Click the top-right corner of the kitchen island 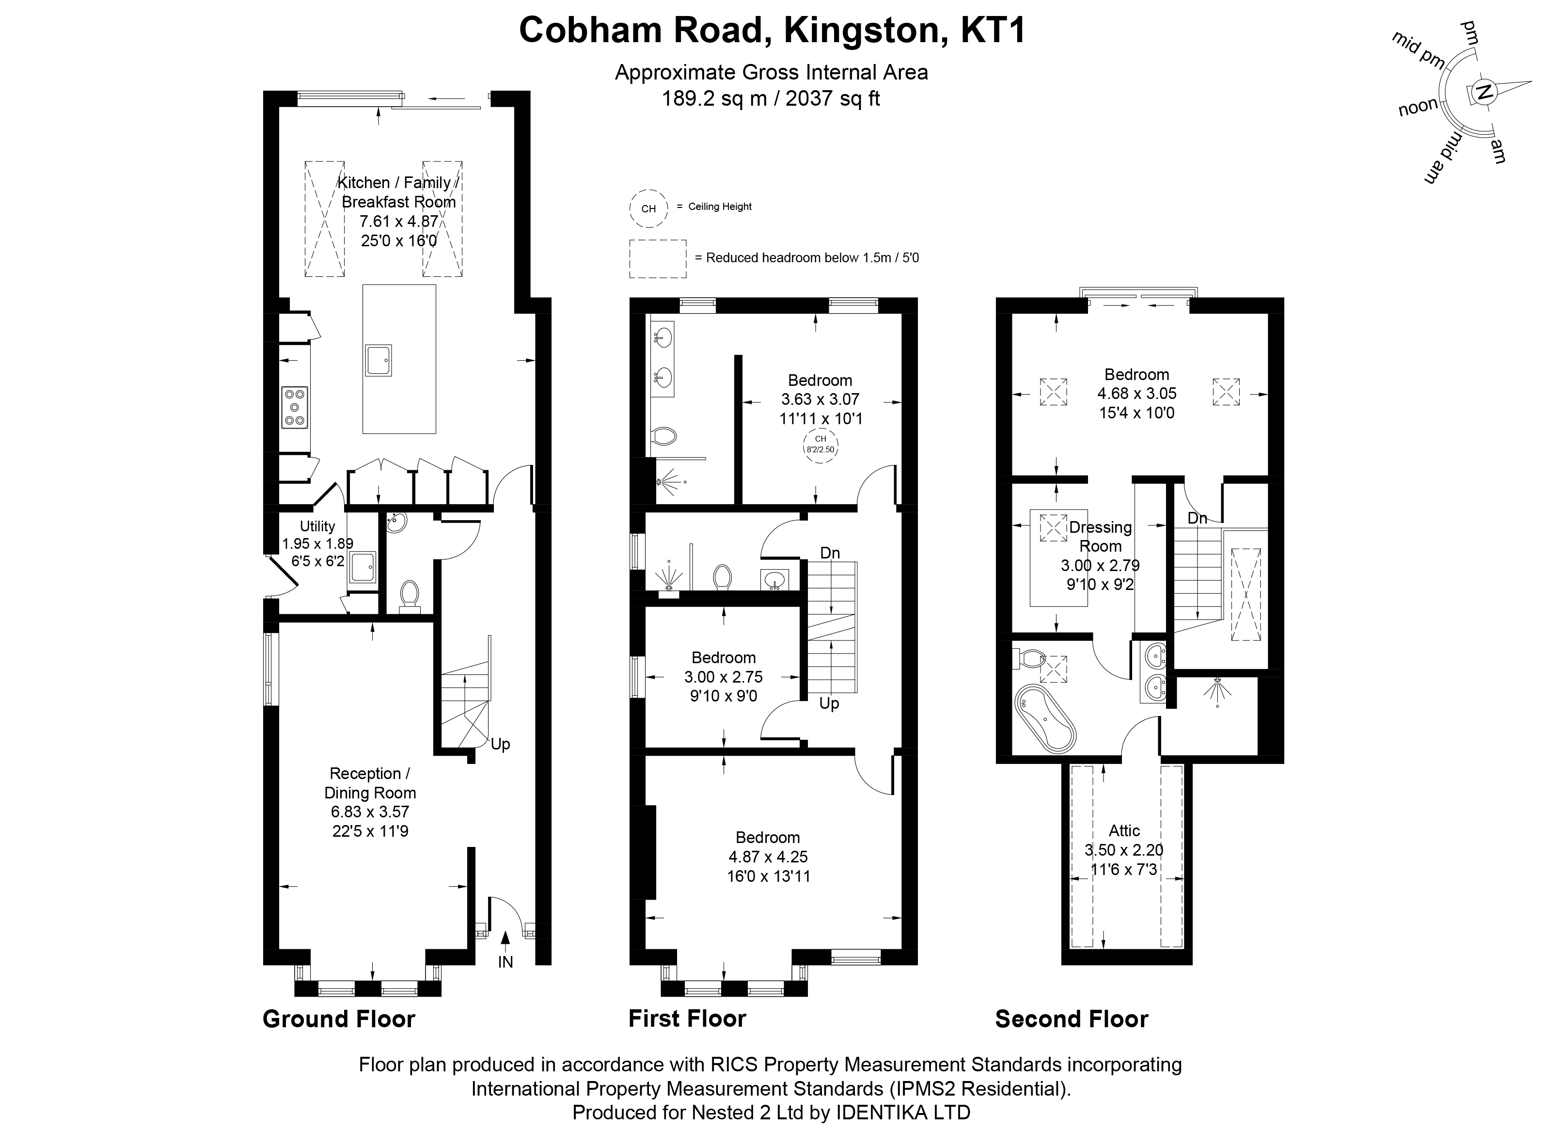436,285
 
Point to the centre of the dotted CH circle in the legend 648,208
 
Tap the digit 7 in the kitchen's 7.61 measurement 364,222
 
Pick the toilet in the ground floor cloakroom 410,596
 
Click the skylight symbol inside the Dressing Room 1053,528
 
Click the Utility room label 317,526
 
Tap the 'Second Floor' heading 1072,1019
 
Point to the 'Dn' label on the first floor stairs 830,553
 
